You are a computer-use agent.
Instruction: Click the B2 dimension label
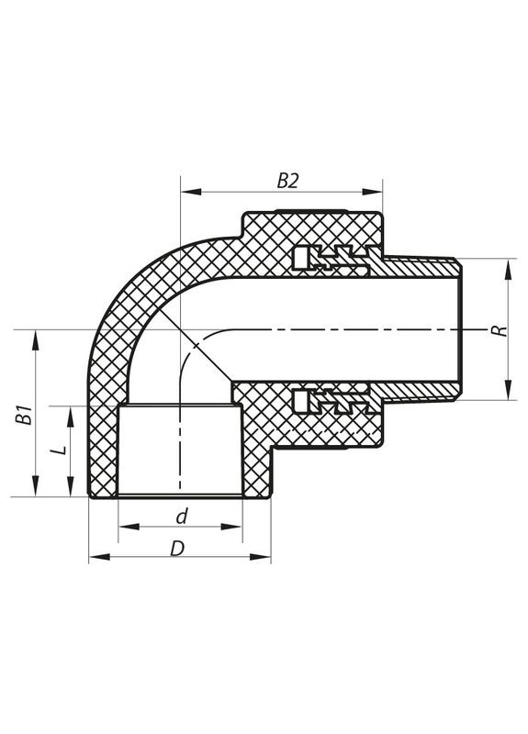point(288,181)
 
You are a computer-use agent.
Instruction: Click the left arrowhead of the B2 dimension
point(186,193)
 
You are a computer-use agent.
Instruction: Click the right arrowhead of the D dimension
point(265,558)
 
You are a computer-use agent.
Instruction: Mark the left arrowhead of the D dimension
point(95,558)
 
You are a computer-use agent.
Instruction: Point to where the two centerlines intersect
point(181,328)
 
